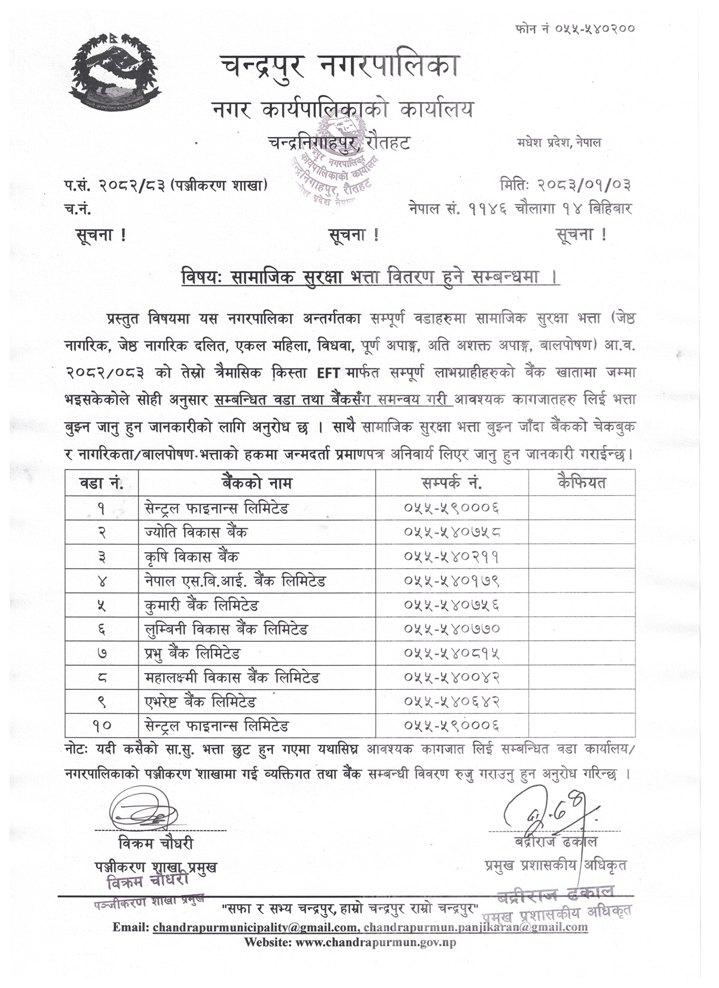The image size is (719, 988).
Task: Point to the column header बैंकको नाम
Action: tap(256, 483)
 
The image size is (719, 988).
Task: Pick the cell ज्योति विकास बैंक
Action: tap(196, 532)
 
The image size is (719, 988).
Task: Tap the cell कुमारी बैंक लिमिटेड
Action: tap(201, 605)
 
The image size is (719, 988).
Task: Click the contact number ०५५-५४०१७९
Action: tap(452, 581)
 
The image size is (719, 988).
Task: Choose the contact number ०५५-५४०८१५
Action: tap(452, 653)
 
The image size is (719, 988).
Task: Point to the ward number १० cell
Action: tap(101, 726)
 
